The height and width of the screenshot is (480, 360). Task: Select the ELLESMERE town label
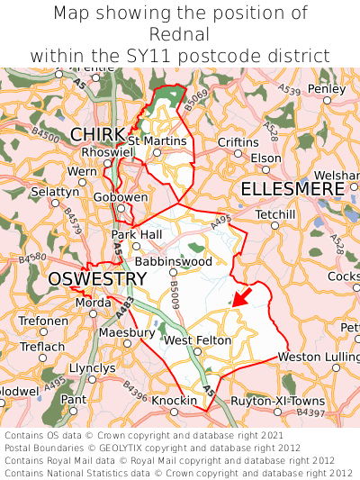point(292,189)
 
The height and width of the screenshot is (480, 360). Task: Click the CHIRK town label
point(97,134)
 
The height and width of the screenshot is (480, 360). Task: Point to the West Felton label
point(197,340)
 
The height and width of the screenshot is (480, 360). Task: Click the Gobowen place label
point(121,197)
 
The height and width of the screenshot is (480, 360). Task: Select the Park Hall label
point(135,234)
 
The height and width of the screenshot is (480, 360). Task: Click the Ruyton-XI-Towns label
point(278,400)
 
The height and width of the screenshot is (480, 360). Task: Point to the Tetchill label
point(275,214)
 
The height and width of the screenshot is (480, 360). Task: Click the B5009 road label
point(175,290)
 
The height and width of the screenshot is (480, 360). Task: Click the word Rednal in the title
point(180,34)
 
